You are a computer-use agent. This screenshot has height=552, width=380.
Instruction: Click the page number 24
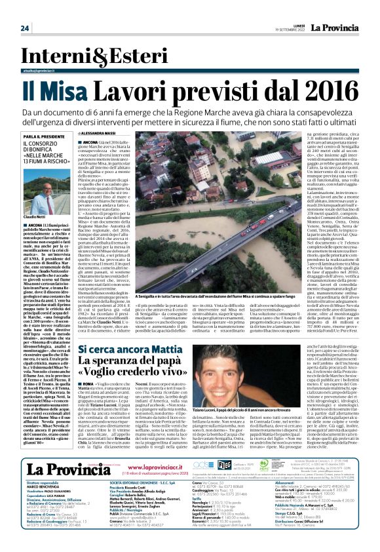(25, 28)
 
